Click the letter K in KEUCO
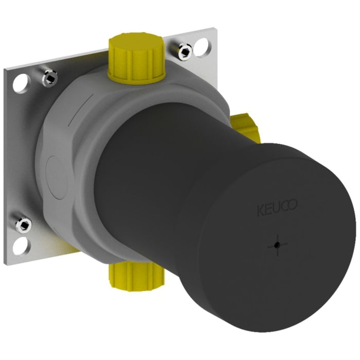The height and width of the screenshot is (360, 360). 261,210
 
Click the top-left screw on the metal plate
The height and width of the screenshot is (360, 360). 50,77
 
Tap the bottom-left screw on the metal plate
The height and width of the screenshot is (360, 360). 23,224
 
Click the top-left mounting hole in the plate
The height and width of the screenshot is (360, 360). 21,82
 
